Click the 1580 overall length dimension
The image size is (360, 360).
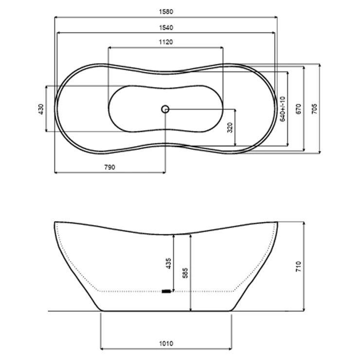166,12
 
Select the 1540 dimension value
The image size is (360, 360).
166,28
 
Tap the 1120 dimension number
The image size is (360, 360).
166,42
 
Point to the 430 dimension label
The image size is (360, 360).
41,109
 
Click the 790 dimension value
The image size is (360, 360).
110,167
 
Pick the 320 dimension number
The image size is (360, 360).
230,127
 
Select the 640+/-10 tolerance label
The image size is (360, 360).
282,109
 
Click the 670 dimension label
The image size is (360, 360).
298,109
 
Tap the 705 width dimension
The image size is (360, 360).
314,109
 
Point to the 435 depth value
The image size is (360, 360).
168,263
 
